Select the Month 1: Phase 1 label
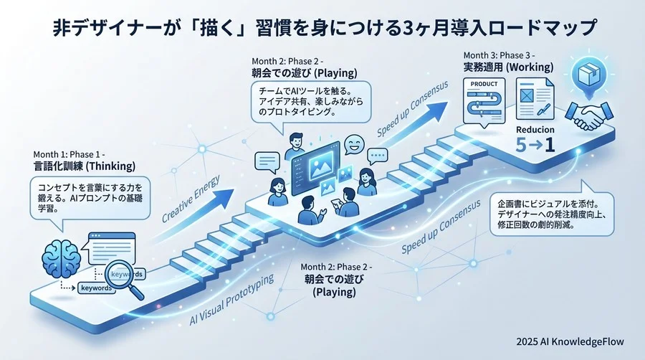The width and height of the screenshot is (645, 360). pyautogui.click(x=70, y=154)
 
